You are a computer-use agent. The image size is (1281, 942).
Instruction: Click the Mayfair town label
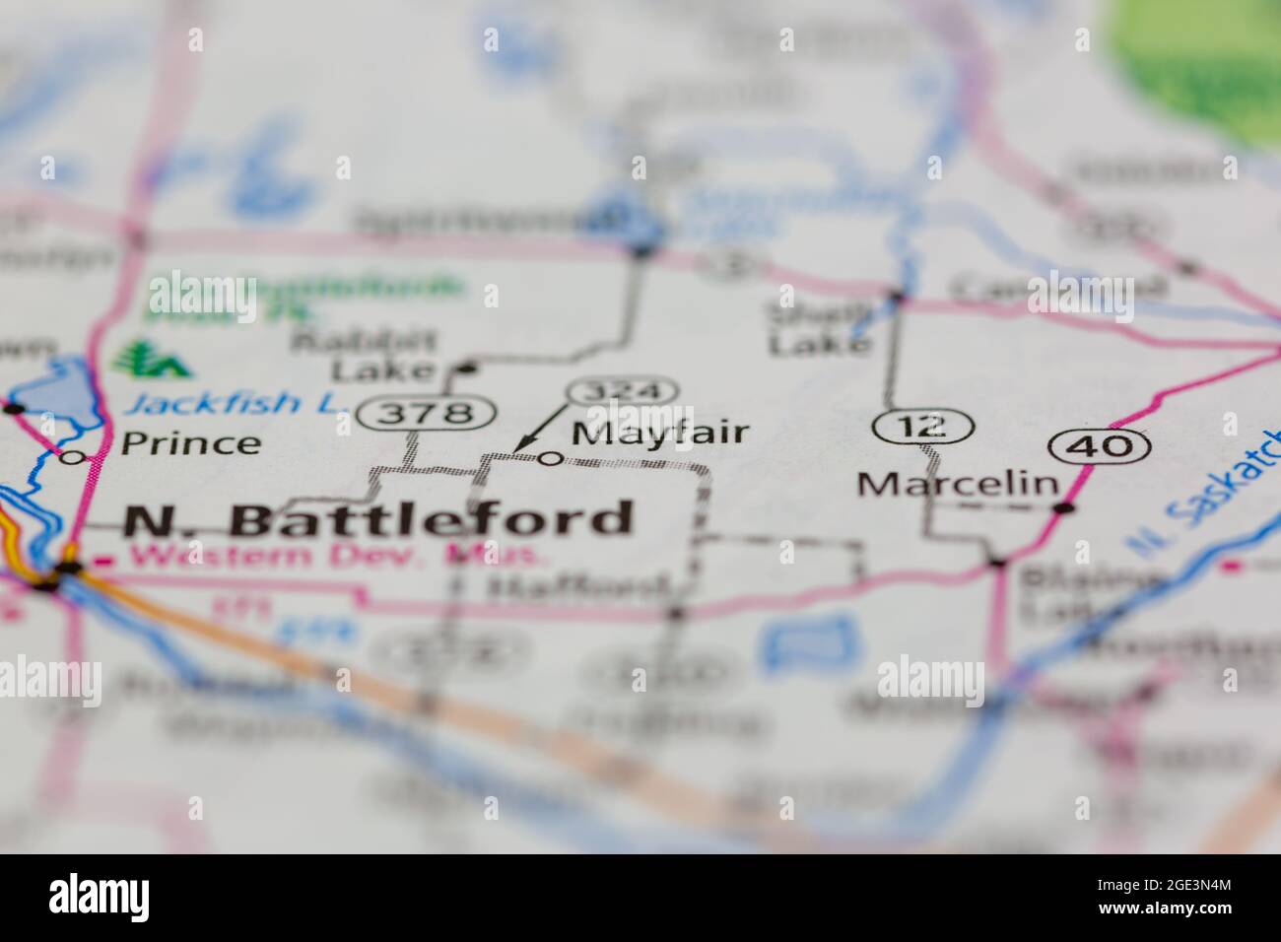[x=660, y=433]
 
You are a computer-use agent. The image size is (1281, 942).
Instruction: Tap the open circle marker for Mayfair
[x=552, y=458]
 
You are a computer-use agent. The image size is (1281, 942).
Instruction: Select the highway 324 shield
[x=623, y=391]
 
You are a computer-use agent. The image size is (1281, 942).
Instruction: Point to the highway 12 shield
[x=922, y=427]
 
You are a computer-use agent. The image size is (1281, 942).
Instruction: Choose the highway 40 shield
[x=1100, y=446]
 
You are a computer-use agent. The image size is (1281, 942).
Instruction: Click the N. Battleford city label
[x=378, y=520]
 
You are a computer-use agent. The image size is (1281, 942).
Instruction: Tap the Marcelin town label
[x=958, y=484]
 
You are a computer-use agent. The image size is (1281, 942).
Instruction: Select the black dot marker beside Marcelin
[x=1064, y=508]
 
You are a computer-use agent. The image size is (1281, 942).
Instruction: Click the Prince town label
[x=190, y=443]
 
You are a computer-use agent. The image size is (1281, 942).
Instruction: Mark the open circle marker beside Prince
[x=70, y=457]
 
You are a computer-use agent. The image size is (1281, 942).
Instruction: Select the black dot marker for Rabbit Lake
[x=468, y=370]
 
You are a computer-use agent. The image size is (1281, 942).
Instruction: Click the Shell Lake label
[x=819, y=329]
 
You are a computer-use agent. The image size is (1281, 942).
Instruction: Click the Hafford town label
[x=576, y=589]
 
